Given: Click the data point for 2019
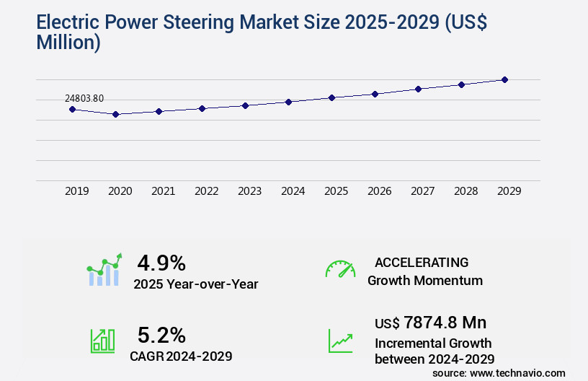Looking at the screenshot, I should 72,109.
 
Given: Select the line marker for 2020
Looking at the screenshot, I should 115,114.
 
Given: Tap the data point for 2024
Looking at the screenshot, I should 288,102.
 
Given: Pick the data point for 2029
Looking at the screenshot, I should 504,79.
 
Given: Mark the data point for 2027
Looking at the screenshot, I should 418,89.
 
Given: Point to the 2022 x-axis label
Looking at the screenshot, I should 206,191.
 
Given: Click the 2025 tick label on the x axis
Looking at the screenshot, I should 336,191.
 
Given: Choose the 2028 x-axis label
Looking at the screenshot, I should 465,191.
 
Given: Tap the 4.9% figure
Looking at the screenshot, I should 161,262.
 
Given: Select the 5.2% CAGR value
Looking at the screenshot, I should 161,335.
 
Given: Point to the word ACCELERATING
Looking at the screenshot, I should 422,262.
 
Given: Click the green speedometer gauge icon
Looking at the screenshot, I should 340,269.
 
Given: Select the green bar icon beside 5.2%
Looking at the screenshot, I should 102,341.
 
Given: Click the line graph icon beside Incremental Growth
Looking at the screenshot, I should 340,341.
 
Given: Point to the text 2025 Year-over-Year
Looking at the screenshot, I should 195,284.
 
